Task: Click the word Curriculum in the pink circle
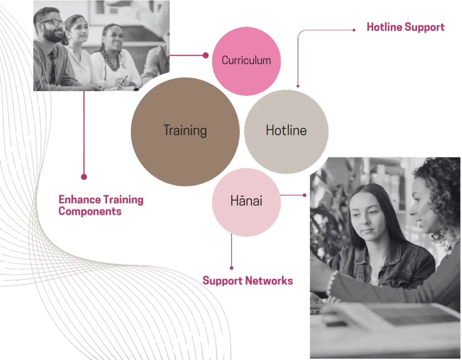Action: coord(246,60)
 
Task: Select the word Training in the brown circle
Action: coord(185,131)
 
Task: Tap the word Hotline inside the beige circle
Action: coord(286,130)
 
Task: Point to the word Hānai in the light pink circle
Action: coord(246,201)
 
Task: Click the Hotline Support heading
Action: coord(405,27)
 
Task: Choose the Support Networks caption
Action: coord(248,281)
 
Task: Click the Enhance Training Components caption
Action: coord(101,206)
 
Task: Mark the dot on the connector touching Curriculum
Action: coord(206,55)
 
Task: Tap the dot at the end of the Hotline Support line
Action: coord(354,29)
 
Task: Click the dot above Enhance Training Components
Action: coord(84,177)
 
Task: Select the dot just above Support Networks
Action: coord(231,268)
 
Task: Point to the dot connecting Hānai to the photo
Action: coord(305,195)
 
